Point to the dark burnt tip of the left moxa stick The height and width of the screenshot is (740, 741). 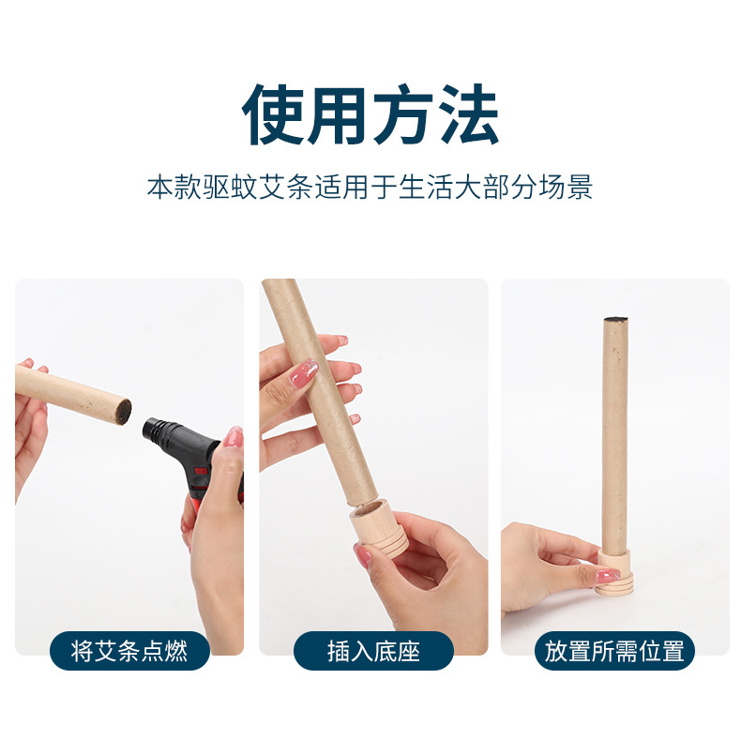(x=123, y=409)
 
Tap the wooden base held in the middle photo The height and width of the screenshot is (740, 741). (x=379, y=529)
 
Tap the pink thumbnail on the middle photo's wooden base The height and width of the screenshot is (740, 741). (x=362, y=555)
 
